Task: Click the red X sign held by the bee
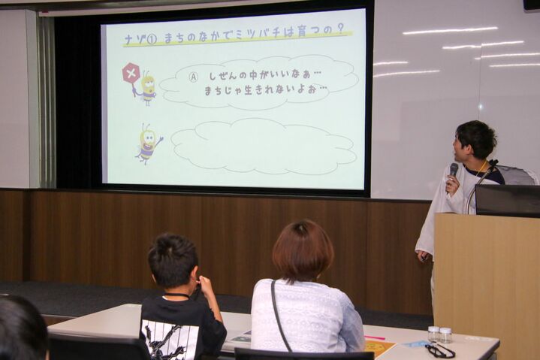pyautogui.click(x=131, y=73)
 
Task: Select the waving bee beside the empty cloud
pyautogui.click(x=149, y=144)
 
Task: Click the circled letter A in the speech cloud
pyautogui.click(x=194, y=77)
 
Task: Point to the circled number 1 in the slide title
pyautogui.click(x=152, y=40)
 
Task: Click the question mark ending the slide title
pyautogui.click(x=341, y=29)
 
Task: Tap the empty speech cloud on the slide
pyautogui.click(x=264, y=146)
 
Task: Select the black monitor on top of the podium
pyautogui.click(x=507, y=200)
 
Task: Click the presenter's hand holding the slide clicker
pyautogui.click(x=424, y=256)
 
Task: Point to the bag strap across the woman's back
pyautogui.click(x=279, y=315)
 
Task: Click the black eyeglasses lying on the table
pyautogui.click(x=440, y=350)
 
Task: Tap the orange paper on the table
pyautogui.click(x=379, y=349)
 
